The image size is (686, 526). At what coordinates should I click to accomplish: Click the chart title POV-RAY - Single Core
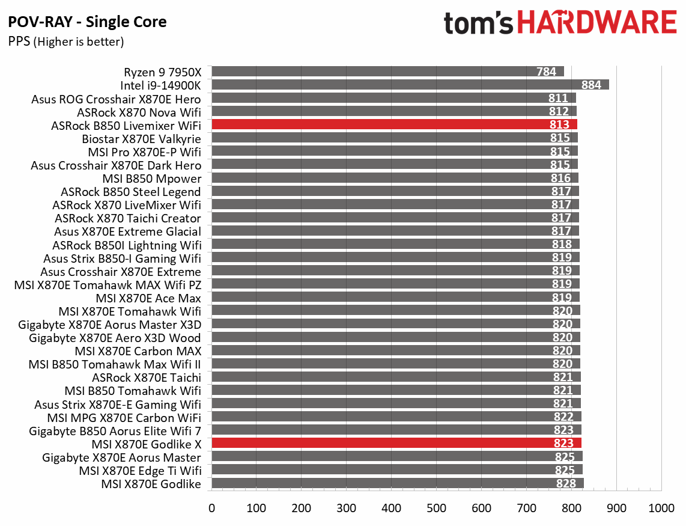[88, 23]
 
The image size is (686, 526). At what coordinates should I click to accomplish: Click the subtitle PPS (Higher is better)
[66, 41]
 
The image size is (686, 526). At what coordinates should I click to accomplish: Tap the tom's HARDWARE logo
[560, 23]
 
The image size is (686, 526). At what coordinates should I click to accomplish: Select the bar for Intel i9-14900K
[410, 85]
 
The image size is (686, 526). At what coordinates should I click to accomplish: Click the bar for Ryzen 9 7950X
[387, 72]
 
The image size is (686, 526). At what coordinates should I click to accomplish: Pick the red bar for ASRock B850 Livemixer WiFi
[394, 124]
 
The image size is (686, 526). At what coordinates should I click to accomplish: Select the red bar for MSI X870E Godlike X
[396, 444]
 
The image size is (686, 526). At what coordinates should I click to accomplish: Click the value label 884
[591, 85]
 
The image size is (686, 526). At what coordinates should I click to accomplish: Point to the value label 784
[546, 72]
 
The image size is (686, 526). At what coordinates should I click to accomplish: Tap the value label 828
[565, 483]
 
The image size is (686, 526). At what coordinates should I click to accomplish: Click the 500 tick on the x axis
[437, 508]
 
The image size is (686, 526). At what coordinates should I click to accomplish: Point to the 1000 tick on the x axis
[661, 508]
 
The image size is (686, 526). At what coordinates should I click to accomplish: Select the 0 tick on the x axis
[211, 508]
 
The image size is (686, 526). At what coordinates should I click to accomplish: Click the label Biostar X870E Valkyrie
[141, 138]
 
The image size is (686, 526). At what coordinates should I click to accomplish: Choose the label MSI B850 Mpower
[151, 178]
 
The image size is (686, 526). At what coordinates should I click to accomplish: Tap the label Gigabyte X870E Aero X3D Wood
[115, 337]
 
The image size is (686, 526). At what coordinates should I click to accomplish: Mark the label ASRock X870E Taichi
[146, 378]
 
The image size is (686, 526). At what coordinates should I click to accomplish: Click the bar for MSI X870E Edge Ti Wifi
[396, 470]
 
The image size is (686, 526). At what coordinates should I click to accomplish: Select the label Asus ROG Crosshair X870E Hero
[116, 99]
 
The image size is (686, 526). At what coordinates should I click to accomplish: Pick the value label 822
[563, 417]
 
